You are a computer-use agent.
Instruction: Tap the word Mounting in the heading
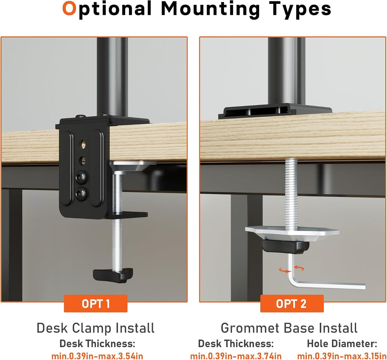pyautogui.click(x=211, y=10)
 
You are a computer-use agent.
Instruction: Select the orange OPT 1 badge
pyautogui.click(x=96, y=304)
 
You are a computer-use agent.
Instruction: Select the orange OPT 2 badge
pyautogui.click(x=292, y=304)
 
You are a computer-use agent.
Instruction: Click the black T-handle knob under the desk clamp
pyautogui.click(x=113, y=275)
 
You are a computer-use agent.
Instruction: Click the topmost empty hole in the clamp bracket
pyautogui.click(x=83, y=144)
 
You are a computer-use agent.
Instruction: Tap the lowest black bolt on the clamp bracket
pyautogui.click(x=81, y=194)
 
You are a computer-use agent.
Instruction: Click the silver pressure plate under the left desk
pyautogui.click(x=133, y=166)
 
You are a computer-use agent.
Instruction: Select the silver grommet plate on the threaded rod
pyautogui.click(x=292, y=234)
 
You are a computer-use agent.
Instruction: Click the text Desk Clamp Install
pyautogui.click(x=96, y=328)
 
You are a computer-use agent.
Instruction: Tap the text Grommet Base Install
pyautogui.click(x=289, y=328)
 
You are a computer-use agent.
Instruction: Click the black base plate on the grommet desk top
pyautogui.click(x=275, y=112)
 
